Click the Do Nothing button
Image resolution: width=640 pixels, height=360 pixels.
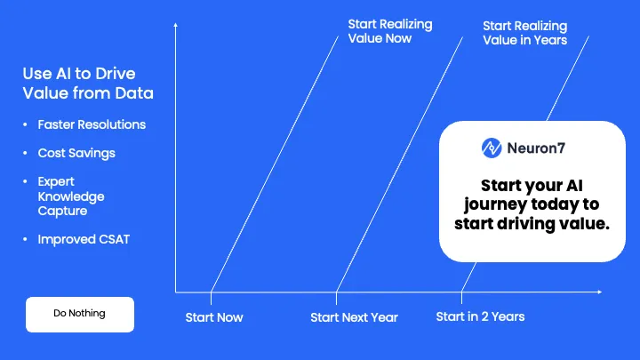(x=79, y=313)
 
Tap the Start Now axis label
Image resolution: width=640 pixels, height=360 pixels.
(x=213, y=317)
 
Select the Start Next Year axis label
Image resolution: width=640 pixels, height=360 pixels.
(x=354, y=317)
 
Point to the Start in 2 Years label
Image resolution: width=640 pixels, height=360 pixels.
(x=480, y=316)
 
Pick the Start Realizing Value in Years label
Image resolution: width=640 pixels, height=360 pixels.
(x=524, y=33)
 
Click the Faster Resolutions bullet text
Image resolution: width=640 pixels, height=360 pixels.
(x=92, y=124)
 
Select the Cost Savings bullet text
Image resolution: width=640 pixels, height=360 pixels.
(x=76, y=153)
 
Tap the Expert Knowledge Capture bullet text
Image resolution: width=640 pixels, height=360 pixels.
(x=71, y=196)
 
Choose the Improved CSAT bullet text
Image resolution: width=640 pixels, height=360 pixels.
(x=84, y=239)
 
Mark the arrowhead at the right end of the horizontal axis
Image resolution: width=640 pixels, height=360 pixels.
(x=600, y=292)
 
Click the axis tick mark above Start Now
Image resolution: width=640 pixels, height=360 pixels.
(x=211, y=292)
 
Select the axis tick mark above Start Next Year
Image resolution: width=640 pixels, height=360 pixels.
(x=336, y=292)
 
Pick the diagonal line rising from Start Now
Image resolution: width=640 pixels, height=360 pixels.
(x=276, y=160)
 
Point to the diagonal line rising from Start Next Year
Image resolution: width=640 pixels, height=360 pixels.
(x=400, y=160)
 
